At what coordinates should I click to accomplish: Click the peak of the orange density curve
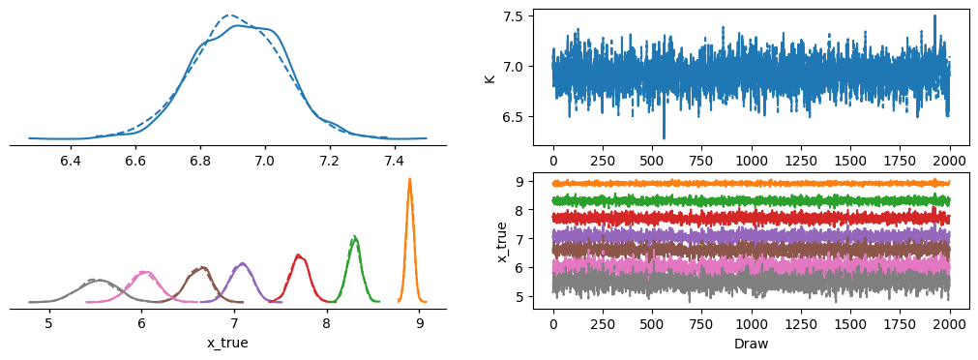pyautogui.click(x=410, y=179)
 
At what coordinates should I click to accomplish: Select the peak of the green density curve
pyautogui.click(x=354, y=236)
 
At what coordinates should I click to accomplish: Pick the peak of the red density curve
pyautogui.click(x=299, y=255)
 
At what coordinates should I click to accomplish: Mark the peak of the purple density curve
pyautogui.click(x=243, y=263)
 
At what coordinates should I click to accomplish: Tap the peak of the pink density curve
pyautogui.click(x=145, y=271)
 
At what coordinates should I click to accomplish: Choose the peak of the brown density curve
pyautogui.click(x=202, y=267)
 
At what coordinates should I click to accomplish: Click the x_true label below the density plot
pyautogui.click(x=228, y=343)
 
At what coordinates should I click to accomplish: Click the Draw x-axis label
pyautogui.click(x=752, y=343)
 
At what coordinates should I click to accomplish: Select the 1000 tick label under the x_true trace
pyautogui.click(x=752, y=324)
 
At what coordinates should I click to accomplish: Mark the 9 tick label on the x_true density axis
pyautogui.click(x=420, y=323)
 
